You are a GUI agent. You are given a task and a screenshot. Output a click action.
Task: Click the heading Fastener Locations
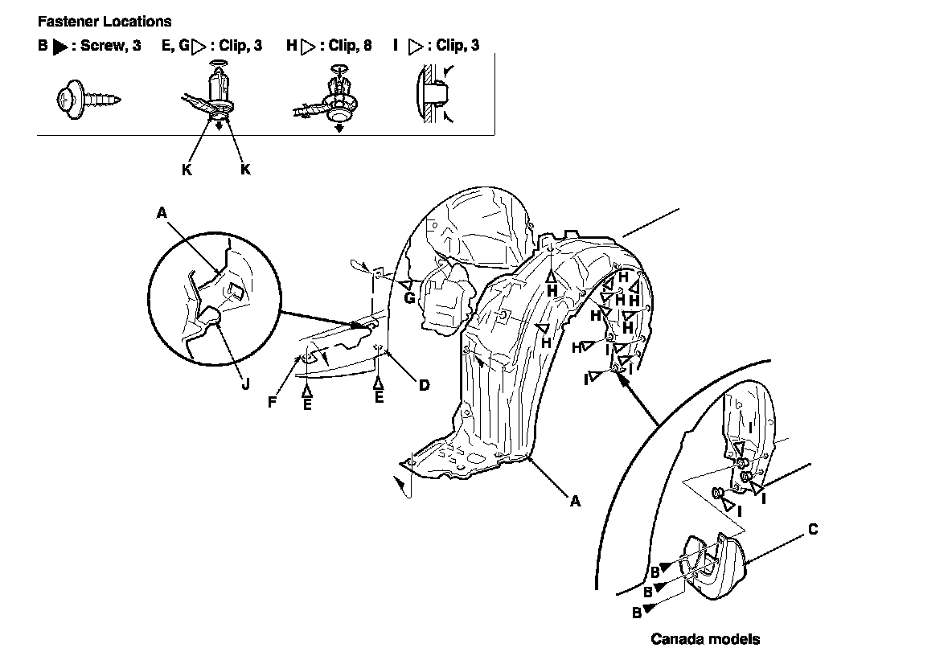click(104, 22)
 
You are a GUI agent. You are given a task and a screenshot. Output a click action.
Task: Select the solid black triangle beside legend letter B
click(60, 47)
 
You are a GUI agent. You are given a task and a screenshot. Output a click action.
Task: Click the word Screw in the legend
click(101, 46)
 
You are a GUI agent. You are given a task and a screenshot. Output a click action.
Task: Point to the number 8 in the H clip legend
click(367, 46)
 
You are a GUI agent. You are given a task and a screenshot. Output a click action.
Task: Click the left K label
click(187, 170)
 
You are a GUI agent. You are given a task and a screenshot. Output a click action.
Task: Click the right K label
click(246, 170)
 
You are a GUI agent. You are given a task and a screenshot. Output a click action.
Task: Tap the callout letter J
click(245, 383)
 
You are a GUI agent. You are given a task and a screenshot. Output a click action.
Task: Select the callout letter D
click(424, 385)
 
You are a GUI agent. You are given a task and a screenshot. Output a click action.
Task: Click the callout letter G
click(408, 297)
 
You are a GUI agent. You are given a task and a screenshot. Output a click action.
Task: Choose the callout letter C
click(813, 529)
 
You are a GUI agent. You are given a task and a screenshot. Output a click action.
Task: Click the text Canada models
click(704, 640)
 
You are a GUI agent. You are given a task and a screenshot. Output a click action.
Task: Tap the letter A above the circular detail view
click(162, 212)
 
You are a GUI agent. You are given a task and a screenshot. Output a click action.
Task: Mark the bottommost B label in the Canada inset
click(636, 612)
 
